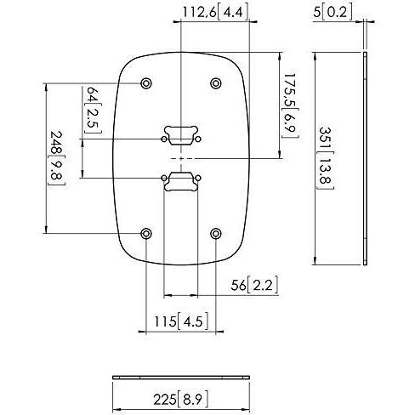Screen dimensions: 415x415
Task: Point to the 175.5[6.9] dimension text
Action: tap(290, 105)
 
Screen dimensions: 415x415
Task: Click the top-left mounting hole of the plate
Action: tap(147, 83)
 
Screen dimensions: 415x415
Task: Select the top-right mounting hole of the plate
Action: tap(215, 83)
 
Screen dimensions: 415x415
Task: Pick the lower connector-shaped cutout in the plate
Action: tap(180, 181)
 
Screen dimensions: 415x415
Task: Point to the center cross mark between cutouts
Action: tap(180, 158)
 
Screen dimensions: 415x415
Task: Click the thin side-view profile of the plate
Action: tap(365, 158)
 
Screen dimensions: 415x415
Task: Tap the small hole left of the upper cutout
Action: tap(164, 137)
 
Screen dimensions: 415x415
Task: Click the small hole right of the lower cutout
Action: tap(197, 179)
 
